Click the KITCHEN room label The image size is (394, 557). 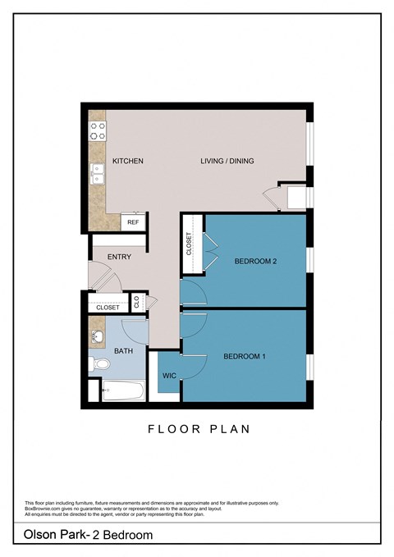[x=128, y=161]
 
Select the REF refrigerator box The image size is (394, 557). [x=133, y=222]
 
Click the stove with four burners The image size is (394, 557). [x=98, y=127]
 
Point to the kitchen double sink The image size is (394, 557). [x=98, y=176]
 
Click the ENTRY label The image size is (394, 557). [x=119, y=257]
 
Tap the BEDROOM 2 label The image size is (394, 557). [x=255, y=262]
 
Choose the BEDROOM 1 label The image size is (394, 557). [x=245, y=356]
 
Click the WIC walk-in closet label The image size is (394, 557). [x=170, y=376]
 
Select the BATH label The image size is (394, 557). [x=124, y=351]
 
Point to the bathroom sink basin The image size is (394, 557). [x=98, y=336]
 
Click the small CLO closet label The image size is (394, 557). [x=149, y=302]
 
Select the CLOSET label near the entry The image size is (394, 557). [x=108, y=308]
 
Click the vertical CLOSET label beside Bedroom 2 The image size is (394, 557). [x=189, y=244]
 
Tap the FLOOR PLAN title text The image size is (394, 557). [x=198, y=428]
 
